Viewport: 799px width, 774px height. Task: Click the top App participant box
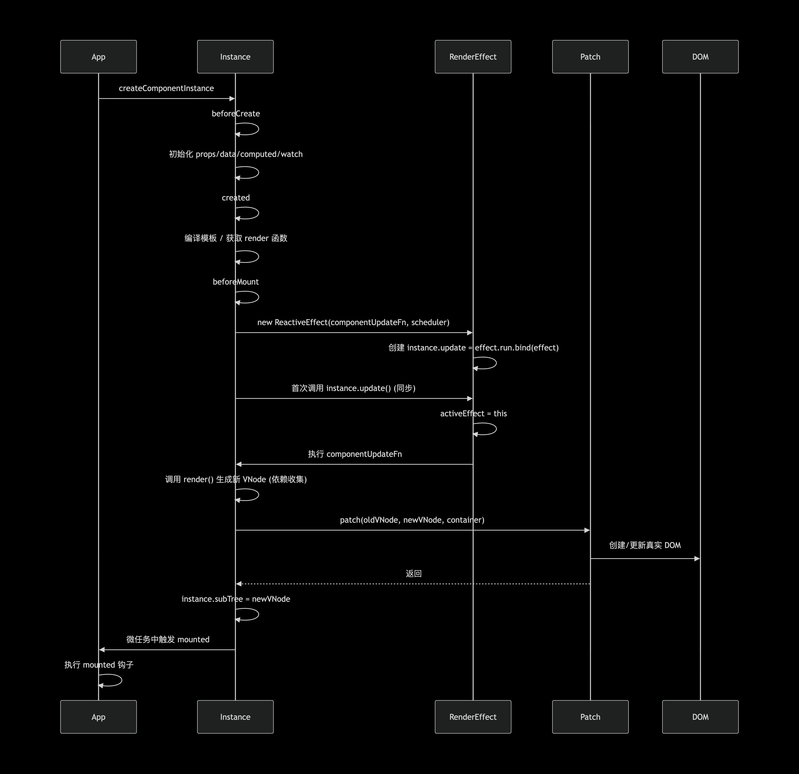click(98, 57)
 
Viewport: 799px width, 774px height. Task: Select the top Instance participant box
click(235, 57)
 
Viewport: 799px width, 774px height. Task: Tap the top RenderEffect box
click(473, 57)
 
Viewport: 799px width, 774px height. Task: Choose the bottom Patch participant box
click(590, 717)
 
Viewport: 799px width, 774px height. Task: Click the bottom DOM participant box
click(700, 717)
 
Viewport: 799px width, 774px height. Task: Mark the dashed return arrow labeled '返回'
click(413, 584)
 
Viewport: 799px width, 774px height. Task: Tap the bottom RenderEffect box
click(473, 717)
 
